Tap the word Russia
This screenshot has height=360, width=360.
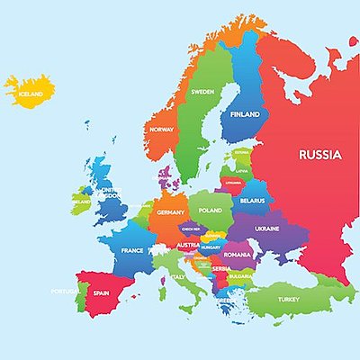click(x=320, y=155)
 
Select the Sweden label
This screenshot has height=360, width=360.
click(x=202, y=91)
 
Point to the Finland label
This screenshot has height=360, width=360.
click(x=245, y=116)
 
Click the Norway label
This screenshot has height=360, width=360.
click(x=162, y=130)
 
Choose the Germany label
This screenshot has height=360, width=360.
click(x=170, y=212)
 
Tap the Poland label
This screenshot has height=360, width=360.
click(x=210, y=209)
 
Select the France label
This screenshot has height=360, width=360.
click(x=132, y=250)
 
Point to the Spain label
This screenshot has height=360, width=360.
click(x=102, y=292)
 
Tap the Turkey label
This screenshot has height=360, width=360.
click(x=289, y=299)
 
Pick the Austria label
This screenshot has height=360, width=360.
click(x=188, y=245)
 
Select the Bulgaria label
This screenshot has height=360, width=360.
click(x=241, y=276)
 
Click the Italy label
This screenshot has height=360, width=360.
click(x=178, y=276)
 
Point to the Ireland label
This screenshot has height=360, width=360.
click(x=81, y=202)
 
